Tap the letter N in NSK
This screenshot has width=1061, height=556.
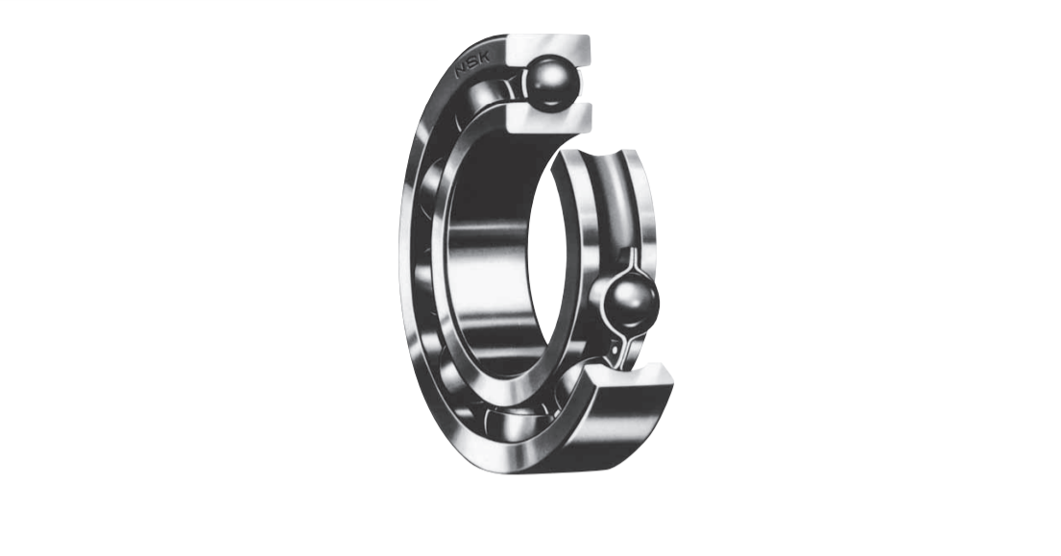click(x=462, y=71)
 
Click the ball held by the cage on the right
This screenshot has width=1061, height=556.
click(x=633, y=302)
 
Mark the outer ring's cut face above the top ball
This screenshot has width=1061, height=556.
click(x=548, y=49)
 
